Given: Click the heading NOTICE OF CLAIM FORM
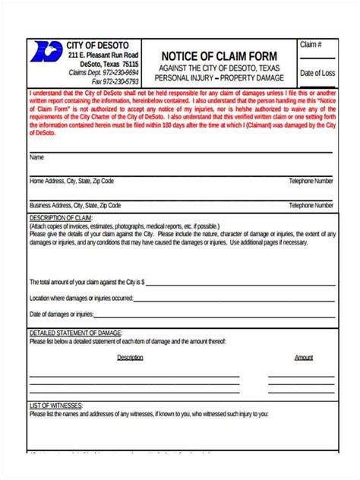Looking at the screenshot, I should [219, 56].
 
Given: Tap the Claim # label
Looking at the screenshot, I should [311, 46].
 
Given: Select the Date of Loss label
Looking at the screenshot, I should [317, 73].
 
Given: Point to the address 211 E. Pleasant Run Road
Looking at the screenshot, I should [103, 55].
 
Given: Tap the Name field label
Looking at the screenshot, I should [36, 157].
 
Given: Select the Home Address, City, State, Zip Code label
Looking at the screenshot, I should [71, 182].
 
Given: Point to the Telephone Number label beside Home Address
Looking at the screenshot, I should [311, 182].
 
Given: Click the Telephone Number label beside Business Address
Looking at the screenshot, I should [311, 205].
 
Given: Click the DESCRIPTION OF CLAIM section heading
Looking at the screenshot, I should [61, 217].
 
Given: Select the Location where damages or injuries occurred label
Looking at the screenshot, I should [81, 298].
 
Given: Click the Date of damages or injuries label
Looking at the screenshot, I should [62, 314].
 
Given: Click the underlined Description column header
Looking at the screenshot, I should [130, 357].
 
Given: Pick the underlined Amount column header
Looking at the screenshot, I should [303, 357].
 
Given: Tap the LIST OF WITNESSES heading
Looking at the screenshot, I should [57, 405].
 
